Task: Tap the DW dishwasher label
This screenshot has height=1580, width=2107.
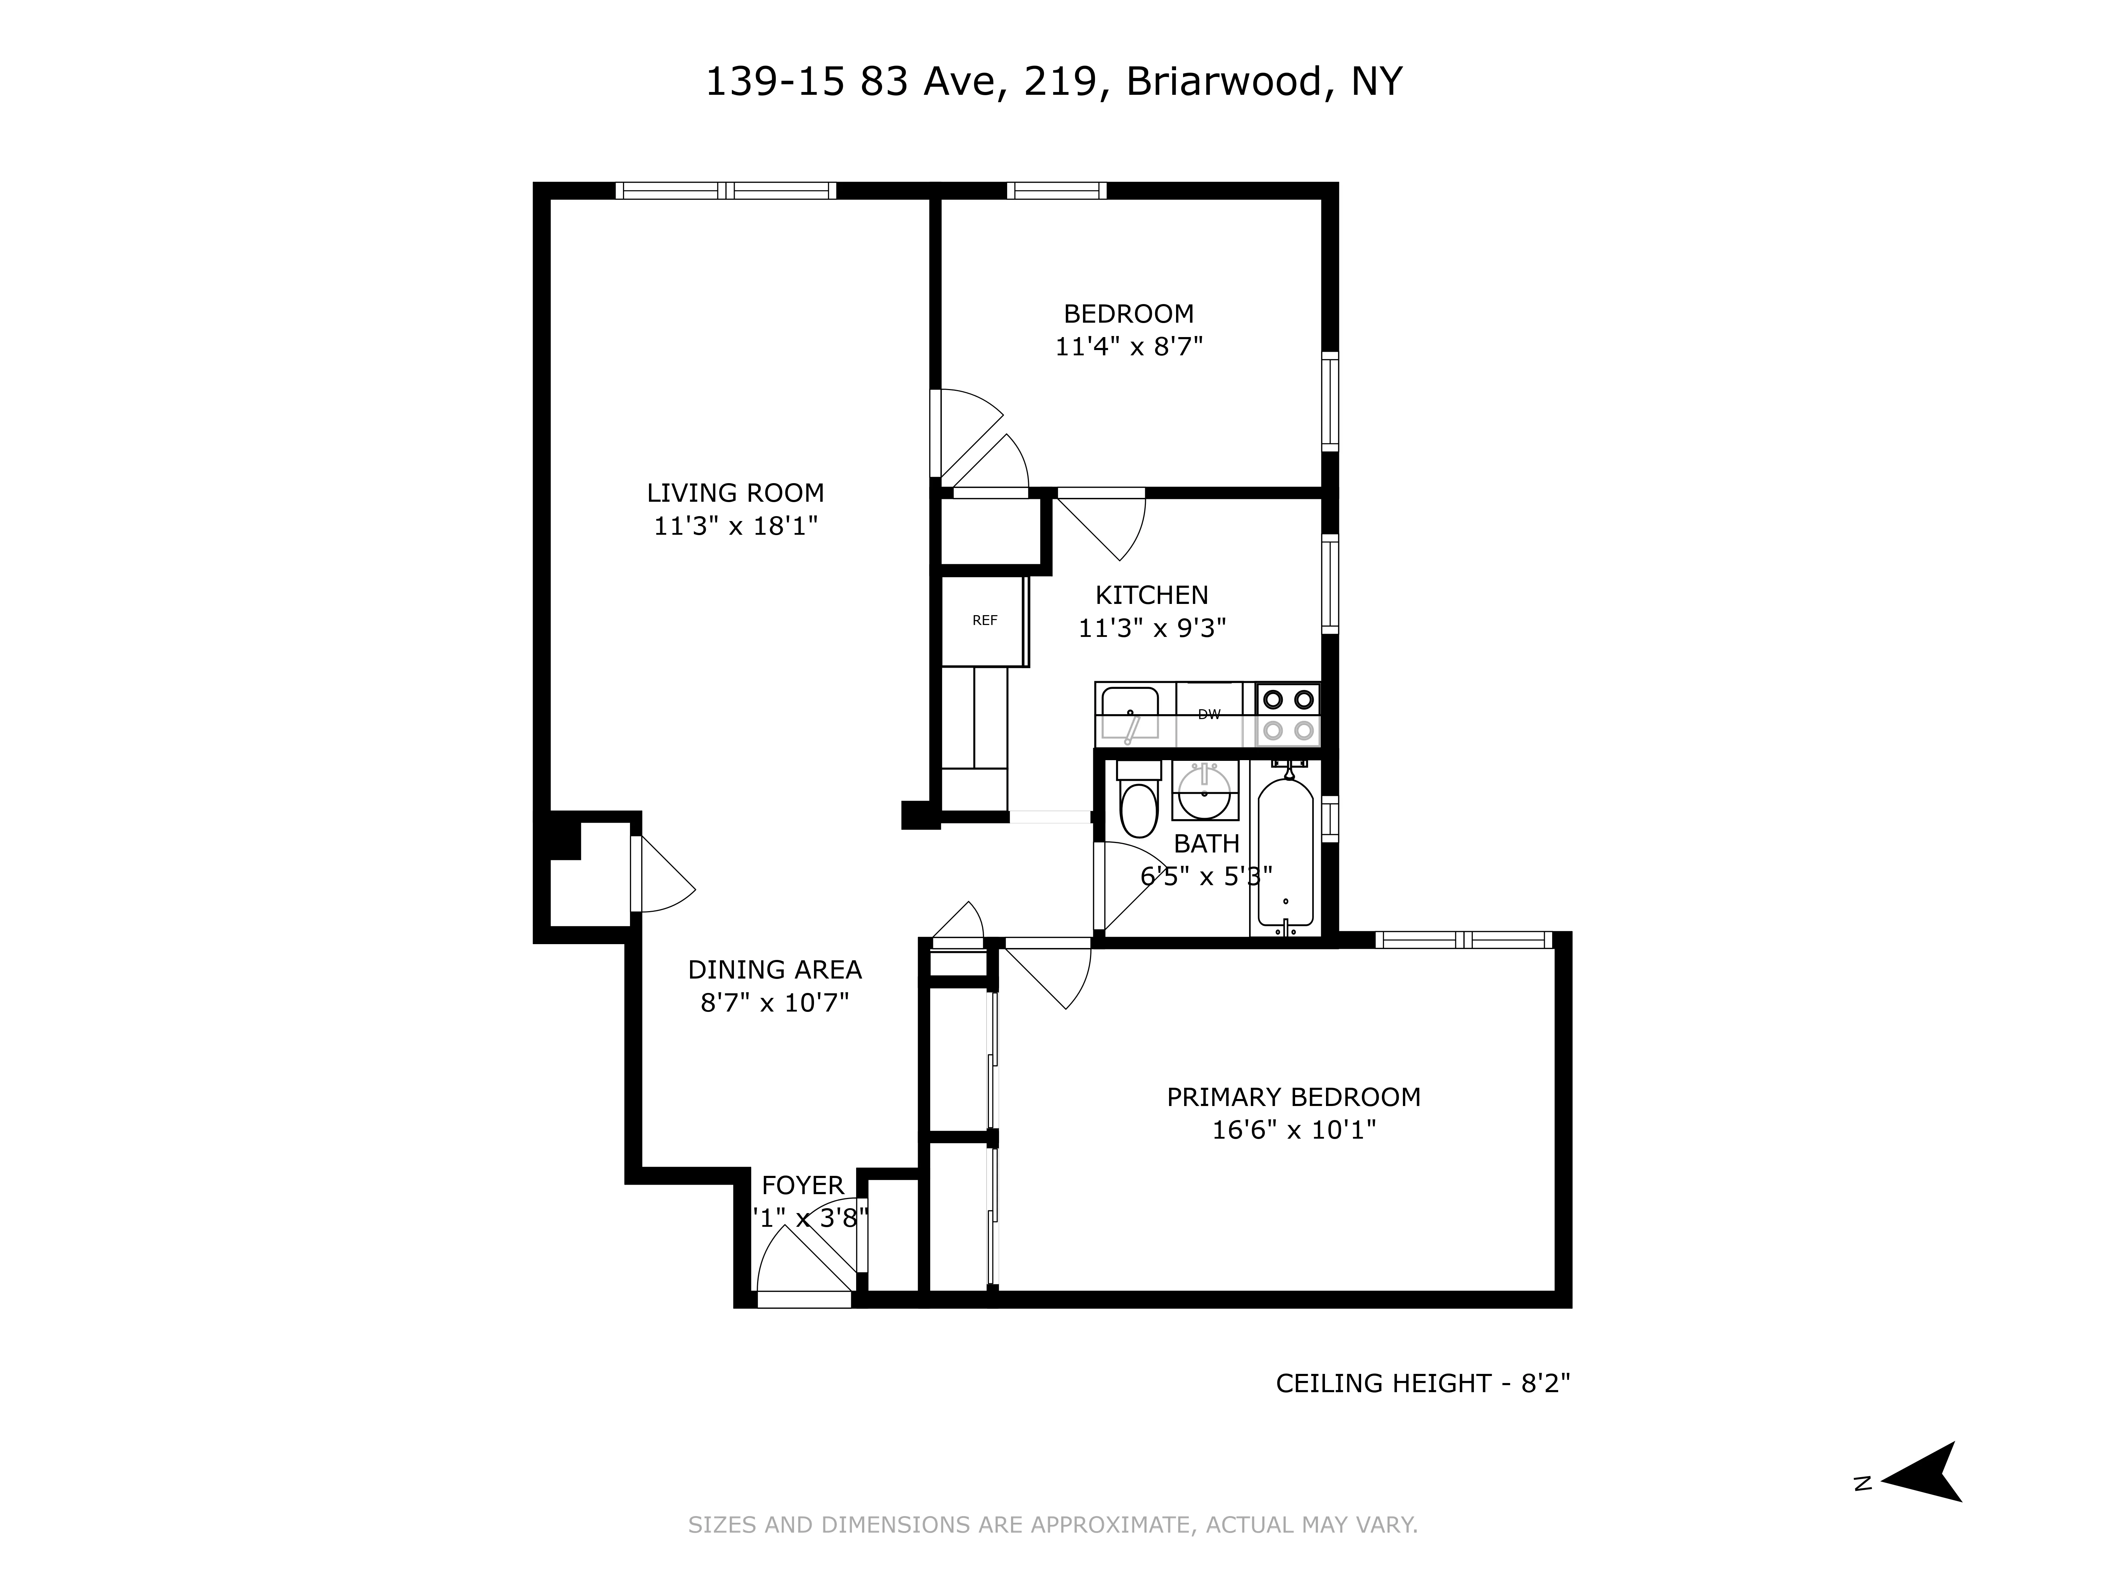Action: pos(1209,714)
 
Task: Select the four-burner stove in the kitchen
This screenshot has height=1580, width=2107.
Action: pos(1288,714)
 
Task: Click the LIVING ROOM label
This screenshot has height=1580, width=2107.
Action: pos(735,493)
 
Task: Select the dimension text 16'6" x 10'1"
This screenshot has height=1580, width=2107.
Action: pos(1294,1131)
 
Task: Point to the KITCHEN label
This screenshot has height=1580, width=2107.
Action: pos(1151,595)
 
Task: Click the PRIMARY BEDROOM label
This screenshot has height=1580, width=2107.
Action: pos(1294,1097)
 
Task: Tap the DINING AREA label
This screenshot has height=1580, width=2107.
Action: pos(774,969)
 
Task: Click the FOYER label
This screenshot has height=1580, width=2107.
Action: pos(802,1186)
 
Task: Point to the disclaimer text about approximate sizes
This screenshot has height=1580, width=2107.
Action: pos(1052,1525)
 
